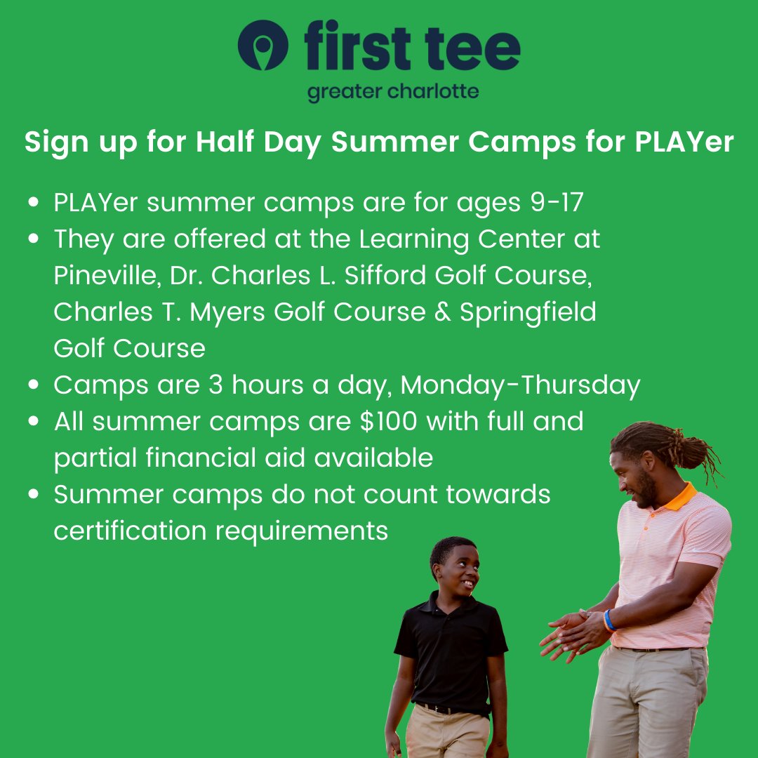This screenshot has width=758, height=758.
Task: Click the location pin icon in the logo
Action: [262, 45]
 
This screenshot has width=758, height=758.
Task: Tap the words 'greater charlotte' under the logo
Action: [393, 92]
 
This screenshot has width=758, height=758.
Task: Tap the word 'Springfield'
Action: [528, 312]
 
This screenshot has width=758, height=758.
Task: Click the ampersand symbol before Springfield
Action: [442, 312]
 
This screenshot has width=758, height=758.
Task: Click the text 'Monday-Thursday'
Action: [520, 385]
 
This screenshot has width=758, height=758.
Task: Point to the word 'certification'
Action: [130, 531]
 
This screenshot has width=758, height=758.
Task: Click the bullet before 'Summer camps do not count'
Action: [34, 495]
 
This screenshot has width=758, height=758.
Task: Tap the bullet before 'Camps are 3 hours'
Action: [34, 385]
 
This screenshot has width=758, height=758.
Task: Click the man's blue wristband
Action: [609, 620]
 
